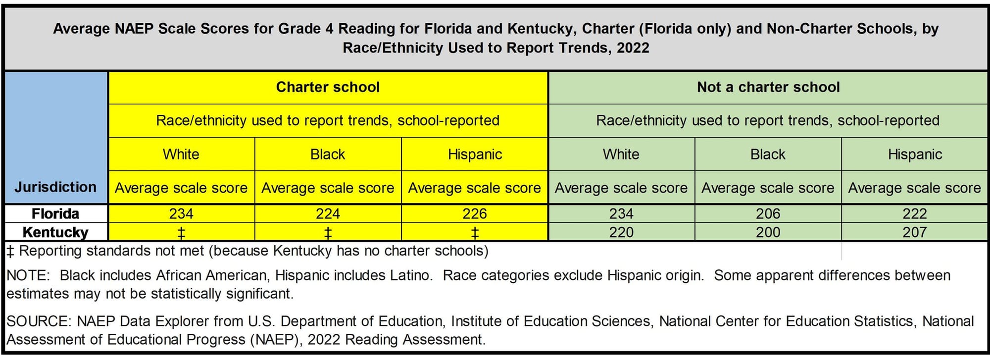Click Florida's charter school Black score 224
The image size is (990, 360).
328,213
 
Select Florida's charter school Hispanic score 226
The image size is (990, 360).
475,213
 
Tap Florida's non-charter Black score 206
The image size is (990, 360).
768,213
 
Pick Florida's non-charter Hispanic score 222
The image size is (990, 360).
914,213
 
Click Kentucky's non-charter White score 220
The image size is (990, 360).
621,232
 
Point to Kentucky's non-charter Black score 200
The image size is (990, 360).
768,232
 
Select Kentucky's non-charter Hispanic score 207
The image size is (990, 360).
914,232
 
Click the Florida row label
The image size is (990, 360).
55,213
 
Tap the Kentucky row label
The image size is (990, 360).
55,232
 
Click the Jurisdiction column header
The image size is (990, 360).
55,187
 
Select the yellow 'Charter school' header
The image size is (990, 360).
328,87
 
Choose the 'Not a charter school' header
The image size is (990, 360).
768,87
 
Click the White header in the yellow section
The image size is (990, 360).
181,154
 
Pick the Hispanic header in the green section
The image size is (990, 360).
915,154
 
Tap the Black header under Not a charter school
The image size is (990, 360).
768,154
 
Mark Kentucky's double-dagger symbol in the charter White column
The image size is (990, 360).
181,233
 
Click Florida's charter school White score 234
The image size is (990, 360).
181,213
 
